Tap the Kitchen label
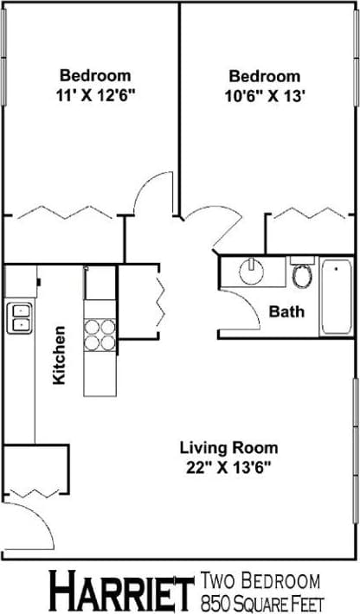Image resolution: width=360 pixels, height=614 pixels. click(59, 355)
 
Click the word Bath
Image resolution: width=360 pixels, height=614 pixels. click(286, 311)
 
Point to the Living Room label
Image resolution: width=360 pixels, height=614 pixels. click(228, 448)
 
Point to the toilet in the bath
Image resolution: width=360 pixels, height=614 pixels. click(302, 274)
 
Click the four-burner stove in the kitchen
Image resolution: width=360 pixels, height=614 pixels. click(100, 334)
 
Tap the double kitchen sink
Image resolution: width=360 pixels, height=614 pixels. click(18, 317)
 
